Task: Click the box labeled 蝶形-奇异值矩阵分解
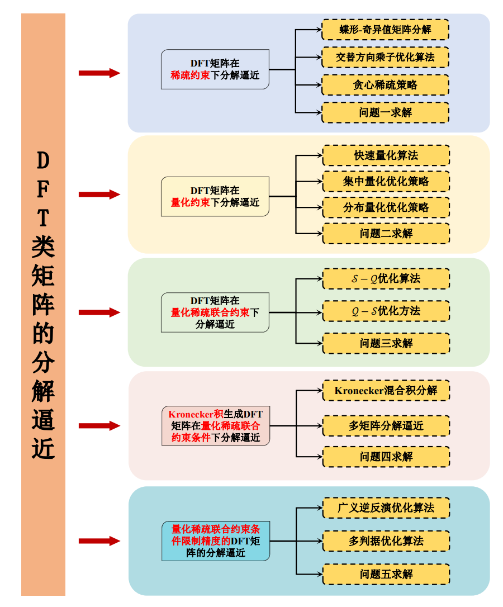(x=385, y=30)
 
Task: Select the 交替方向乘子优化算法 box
(x=385, y=57)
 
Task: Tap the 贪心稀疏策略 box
(x=385, y=85)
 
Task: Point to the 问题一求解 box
(x=385, y=112)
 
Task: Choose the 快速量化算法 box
(x=386, y=155)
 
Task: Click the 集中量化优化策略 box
(x=386, y=182)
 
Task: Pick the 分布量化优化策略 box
(x=386, y=207)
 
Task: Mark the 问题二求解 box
(x=386, y=233)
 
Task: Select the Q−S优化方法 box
(x=386, y=311)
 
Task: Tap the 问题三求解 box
(x=386, y=343)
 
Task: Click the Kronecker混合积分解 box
(x=386, y=390)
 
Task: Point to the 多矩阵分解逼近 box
(x=386, y=425)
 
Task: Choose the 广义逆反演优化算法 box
(x=386, y=508)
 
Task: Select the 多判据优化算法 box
(x=386, y=541)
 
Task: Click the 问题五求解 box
(x=386, y=574)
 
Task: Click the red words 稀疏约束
(x=190, y=75)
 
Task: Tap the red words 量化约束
(x=190, y=202)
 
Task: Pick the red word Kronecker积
(x=196, y=414)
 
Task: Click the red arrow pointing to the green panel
(x=99, y=312)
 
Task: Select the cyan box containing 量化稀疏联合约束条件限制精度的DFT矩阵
(x=215, y=541)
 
